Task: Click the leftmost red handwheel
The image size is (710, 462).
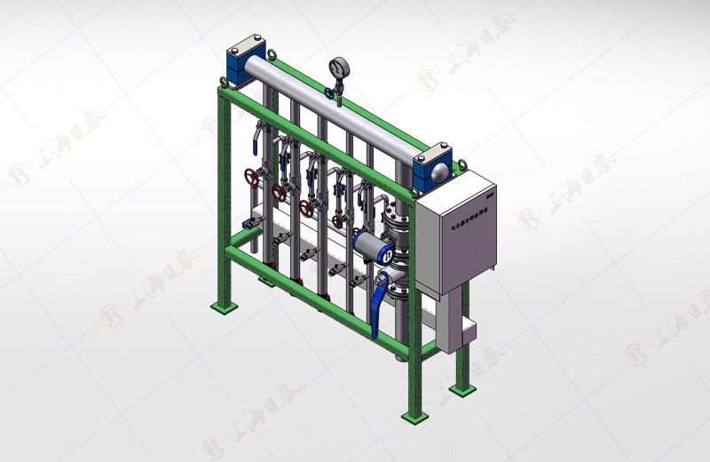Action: click(253, 177)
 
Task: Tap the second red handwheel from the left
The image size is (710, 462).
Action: click(279, 192)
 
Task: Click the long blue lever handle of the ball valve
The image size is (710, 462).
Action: click(379, 307)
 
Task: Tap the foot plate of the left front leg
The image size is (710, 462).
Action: click(224, 306)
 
